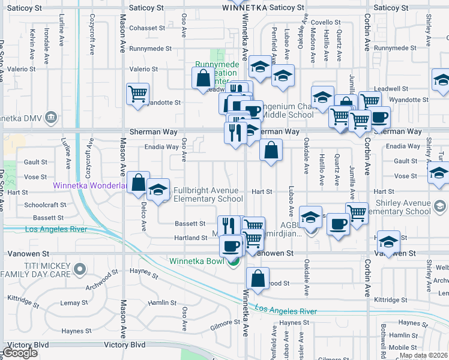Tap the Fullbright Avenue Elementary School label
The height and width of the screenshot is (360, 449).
coord(208,195)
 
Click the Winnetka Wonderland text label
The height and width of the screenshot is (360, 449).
coord(90,185)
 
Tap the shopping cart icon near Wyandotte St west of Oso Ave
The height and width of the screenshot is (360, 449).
coord(138,94)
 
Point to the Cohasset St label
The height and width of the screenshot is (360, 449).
coord(146,28)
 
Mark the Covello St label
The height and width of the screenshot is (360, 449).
coord(326,22)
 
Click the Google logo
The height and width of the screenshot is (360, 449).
coord(20,353)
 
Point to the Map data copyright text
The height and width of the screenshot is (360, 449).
coord(423,355)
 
